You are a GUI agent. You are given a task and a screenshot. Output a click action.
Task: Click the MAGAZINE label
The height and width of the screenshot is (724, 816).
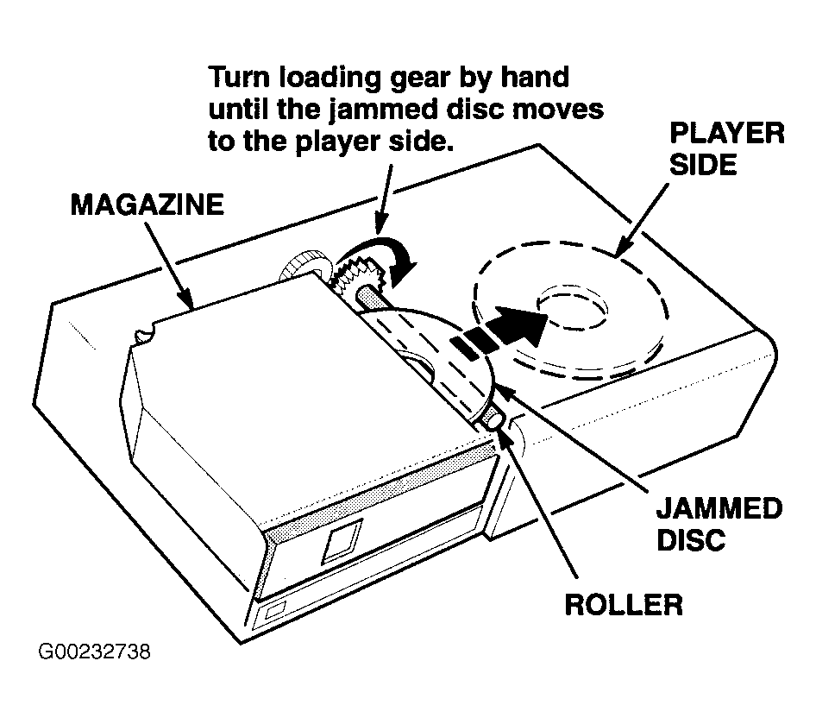[x=148, y=205]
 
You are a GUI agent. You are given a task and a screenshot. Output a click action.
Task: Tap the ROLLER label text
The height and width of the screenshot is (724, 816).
[x=624, y=605]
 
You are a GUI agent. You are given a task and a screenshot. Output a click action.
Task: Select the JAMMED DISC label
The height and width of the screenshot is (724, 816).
[x=719, y=524]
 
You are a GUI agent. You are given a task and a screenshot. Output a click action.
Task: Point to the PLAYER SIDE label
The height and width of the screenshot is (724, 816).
[x=726, y=149]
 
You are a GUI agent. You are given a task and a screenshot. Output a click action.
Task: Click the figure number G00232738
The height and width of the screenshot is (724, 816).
[x=95, y=652]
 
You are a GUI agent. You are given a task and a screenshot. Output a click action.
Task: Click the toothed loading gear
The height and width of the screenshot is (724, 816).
[x=359, y=279]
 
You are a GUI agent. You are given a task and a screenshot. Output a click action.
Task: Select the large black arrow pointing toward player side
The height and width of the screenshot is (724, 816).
[x=499, y=333]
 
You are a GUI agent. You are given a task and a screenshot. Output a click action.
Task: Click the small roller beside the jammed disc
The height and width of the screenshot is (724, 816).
[x=494, y=419]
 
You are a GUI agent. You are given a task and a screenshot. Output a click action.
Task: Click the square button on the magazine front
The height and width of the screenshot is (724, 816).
[x=342, y=541]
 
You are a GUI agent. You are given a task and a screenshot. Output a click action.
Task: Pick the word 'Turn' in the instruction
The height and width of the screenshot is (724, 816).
[x=240, y=77]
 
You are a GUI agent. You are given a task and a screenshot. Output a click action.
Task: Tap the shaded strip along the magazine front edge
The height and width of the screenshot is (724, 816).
[x=380, y=492]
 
